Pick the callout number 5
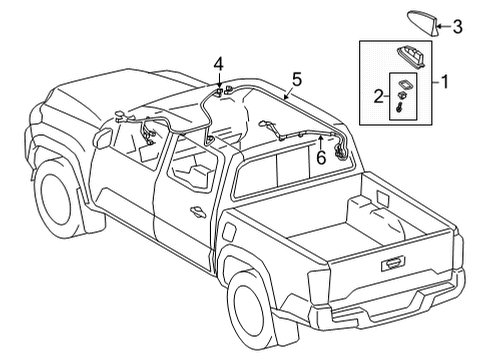click(x=296, y=76)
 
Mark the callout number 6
click(x=320, y=157)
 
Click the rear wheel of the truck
click(x=257, y=305)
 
